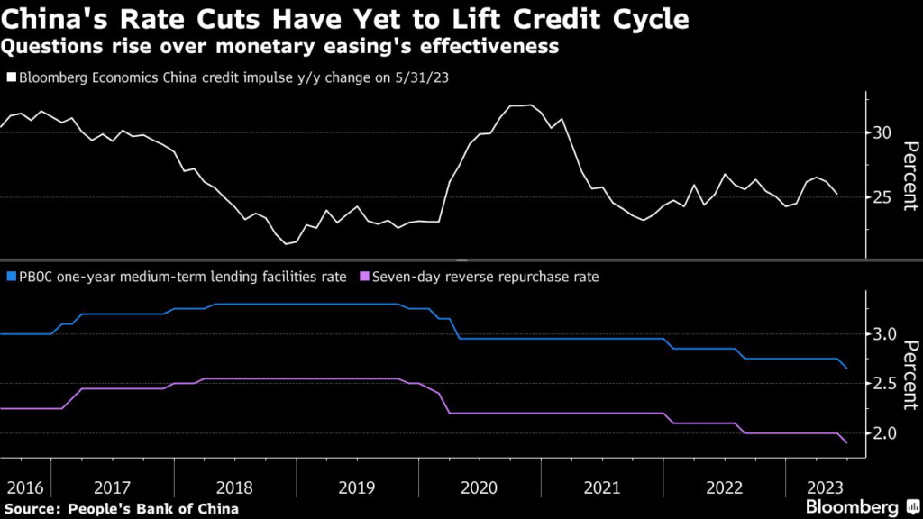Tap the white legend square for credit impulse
pos(10,78)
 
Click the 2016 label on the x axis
pos(24,487)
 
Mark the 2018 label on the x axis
pos(234,487)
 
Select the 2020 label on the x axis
pos(479,487)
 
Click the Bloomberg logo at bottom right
pos(853,507)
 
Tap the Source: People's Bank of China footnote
pos(122,508)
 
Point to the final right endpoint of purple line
pos(846,443)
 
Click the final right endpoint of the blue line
pos(846,369)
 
